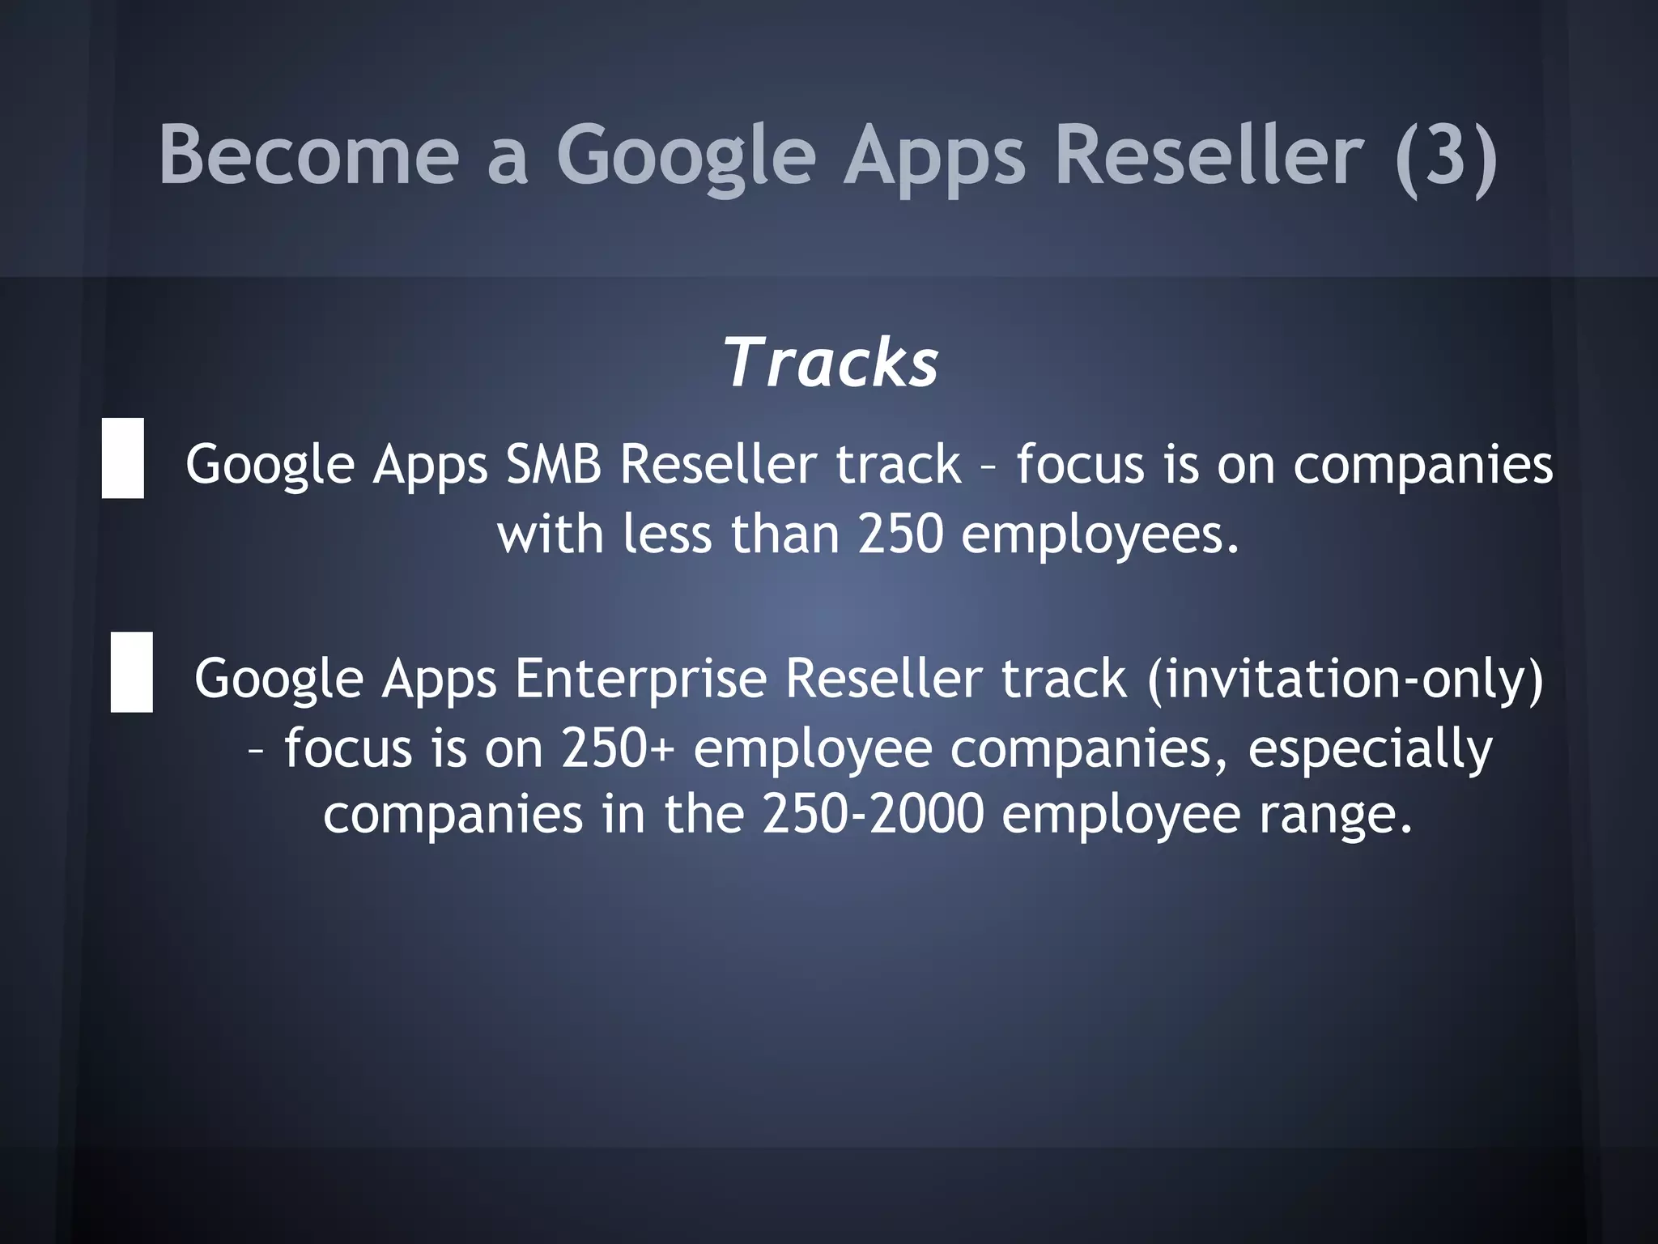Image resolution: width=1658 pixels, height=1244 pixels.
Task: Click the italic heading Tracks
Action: tap(831, 364)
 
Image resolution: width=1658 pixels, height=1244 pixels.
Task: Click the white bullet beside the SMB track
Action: tap(123, 458)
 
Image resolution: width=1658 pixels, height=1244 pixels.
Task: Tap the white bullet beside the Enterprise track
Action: tap(132, 672)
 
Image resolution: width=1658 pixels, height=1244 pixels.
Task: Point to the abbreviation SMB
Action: tap(553, 465)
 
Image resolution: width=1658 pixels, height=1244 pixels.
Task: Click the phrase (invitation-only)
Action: tap(1345, 679)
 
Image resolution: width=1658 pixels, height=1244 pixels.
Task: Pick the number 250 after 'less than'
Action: tap(901, 535)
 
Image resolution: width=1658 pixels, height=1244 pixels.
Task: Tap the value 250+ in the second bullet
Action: tap(618, 748)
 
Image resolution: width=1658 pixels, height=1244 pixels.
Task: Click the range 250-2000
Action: tap(873, 815)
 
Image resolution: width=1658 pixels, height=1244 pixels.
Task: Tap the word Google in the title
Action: tap(686, 155)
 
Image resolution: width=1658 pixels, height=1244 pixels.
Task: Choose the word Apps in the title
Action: tap(934, 155)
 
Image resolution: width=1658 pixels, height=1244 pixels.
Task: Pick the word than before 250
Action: tap(784, 535)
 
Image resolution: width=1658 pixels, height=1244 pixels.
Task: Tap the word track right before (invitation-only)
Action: tap(1064, 679)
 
